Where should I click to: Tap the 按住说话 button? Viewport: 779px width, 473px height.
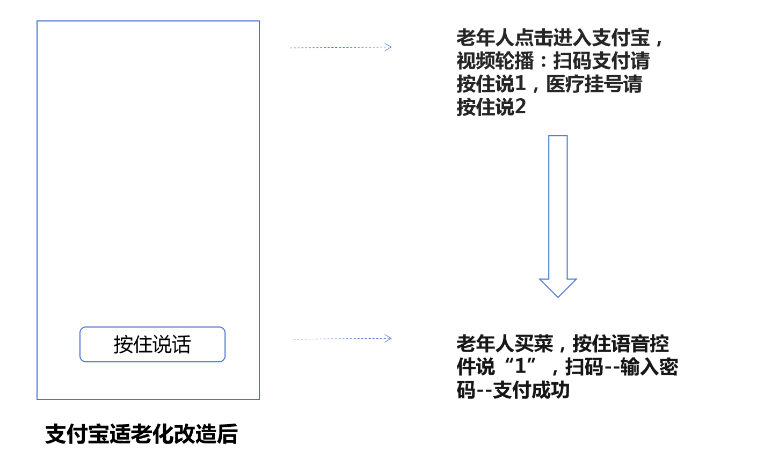tap(152, 344)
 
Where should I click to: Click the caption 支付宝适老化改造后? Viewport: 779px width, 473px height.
tap(142, 434)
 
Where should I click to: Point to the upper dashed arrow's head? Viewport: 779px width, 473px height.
tap(388, 47)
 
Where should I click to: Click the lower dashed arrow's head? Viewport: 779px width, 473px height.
tap(388, 338)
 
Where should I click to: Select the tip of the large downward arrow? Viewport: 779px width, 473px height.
tap(558, 297)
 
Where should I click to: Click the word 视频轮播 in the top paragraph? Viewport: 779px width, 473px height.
tap(495, 61)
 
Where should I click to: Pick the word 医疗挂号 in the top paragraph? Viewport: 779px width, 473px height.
tap(584, 84)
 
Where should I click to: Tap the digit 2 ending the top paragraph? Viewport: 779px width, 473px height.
tap(520, 107)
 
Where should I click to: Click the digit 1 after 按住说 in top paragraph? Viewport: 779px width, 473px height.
tap(520, 84)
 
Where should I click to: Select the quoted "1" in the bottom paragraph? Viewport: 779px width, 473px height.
tap(521, 366)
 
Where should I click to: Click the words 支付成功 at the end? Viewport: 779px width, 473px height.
tap(532, 390)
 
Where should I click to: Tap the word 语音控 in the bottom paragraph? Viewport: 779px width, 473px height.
tap(640, 344)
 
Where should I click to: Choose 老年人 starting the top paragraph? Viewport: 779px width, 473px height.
tap(485, 38)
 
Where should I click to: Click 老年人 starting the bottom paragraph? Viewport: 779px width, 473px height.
tap(485, 344)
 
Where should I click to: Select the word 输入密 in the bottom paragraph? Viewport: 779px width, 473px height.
tap(649, 367)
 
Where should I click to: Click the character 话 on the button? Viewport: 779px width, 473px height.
tap(181, 345)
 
